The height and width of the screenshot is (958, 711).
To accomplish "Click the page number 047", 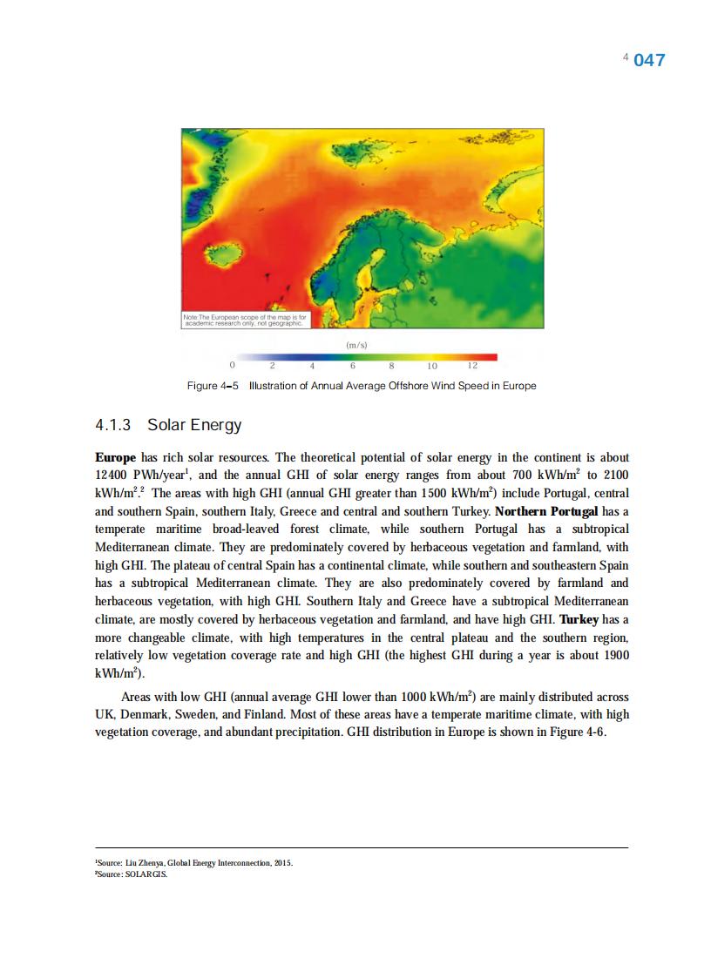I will point(649,60).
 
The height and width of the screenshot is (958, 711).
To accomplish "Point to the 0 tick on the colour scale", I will point(232,367).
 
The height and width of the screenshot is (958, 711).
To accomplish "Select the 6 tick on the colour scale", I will point(352,367).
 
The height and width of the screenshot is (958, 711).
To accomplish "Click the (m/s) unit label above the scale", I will point(356,345).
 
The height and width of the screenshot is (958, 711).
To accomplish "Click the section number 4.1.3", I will point(112,426).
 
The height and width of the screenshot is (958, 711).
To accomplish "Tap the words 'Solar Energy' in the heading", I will point(194,426).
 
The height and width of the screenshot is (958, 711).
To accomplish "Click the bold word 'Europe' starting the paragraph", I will point(115,457).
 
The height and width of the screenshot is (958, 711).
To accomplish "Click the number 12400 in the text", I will point(112,476).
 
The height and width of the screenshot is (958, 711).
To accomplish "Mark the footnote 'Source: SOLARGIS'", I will point(131,875).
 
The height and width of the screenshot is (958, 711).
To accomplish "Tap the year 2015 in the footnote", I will point(282,863).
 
